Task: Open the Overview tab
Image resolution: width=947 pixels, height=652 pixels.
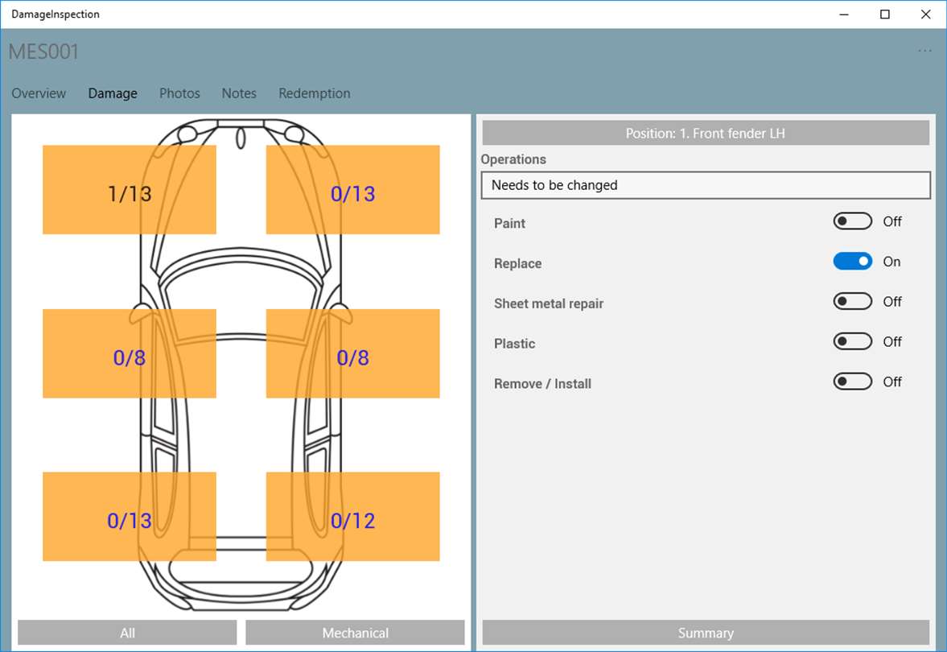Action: tap(39, 93)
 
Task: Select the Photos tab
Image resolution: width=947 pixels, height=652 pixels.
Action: tap(179, 93)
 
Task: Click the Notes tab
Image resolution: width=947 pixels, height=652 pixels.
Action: tap(239, 93)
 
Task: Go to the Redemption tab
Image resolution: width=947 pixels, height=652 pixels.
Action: tap(314, 93)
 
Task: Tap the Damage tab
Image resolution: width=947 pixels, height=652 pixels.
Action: tap(113, 93)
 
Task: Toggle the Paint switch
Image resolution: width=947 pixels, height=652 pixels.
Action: tap(852, 221)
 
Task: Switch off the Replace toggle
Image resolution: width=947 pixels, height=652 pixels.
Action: tap(852, 261)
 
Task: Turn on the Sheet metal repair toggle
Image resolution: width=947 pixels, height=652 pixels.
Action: tap(852, 301)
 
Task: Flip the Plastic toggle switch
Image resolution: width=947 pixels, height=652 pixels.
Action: tap(852, 341)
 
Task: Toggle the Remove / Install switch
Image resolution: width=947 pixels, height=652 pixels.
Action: tap(852, 382)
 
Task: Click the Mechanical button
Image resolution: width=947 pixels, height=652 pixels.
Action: tap(355, 633)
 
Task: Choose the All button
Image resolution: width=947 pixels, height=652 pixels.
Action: tap(127, 633)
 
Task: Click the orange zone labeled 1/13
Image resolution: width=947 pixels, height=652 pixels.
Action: tap(130, 190)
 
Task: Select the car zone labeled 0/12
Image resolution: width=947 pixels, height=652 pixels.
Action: tap(352, 517)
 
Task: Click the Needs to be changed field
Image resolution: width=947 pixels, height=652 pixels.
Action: tap(706, 185)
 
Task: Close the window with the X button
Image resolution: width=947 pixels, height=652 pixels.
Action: tap(925, 14)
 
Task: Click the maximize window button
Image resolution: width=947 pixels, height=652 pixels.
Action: tap(885, 14)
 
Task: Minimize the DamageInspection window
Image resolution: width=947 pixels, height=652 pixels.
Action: tap(844, 14)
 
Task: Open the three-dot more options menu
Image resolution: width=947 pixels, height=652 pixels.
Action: tap(924, 51)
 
